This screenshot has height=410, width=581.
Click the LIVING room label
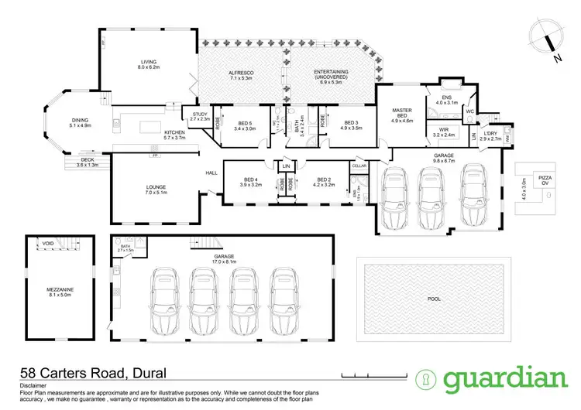pyautogui.click(x=148, y=64)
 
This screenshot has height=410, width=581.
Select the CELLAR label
pyautogui.click(x=359, y=166)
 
